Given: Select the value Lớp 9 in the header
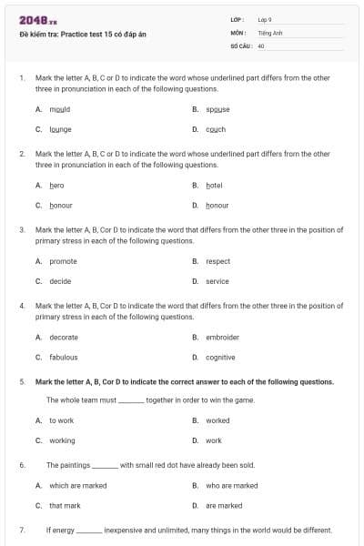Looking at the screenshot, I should (x=265, y=18).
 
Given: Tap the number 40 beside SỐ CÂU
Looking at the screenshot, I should (x=261, y=44).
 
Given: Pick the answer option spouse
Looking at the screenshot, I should (x=217, y=109).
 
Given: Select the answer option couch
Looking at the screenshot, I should (x=216, y=129).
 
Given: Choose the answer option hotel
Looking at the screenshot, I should (x=214, y=185).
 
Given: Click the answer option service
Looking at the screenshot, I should (x=217, y=281).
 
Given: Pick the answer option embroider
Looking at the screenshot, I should (x=222, y=337).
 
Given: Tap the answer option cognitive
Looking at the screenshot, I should (x=220, y=357).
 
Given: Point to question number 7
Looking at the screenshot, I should (x=21, y=530).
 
